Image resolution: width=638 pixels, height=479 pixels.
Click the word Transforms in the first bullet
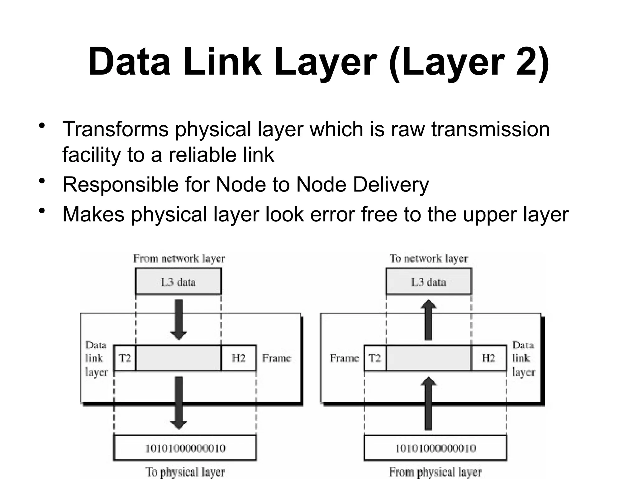pyautogui.click(x=115, y=129)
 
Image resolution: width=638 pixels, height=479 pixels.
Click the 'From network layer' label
pyautogui.click(x=179, y=259)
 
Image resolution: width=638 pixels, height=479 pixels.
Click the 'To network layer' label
pyautogui.click(x=429, y=259)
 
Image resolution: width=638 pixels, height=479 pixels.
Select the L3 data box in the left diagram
pyautogui.click(x=179, y=282)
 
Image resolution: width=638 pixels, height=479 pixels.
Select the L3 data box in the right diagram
pyautogui.click(x=429, y=282)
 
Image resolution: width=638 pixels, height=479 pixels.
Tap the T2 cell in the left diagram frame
pyautogui.click(x=125, y=358)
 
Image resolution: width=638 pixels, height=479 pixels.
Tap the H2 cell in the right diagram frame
pyautogui.click(x=488, y=358)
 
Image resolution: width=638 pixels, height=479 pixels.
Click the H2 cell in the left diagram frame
pyautogui.click(x=239, y=358)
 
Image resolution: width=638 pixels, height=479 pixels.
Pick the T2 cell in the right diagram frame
pyautogui.click(x=375, y=358)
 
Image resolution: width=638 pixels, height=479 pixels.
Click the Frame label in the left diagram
pyautogui.click(x=276, y=358)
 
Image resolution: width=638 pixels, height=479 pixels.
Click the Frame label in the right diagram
pyautogui.click(x=344, y=358)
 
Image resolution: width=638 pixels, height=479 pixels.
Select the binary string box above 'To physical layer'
pyautogui.click(x=185, y=448)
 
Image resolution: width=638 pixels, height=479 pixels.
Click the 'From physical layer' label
pyautogui.click(x=435, y=472)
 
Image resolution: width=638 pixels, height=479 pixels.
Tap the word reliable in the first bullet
pyautogui.click(x=199, y=155)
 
